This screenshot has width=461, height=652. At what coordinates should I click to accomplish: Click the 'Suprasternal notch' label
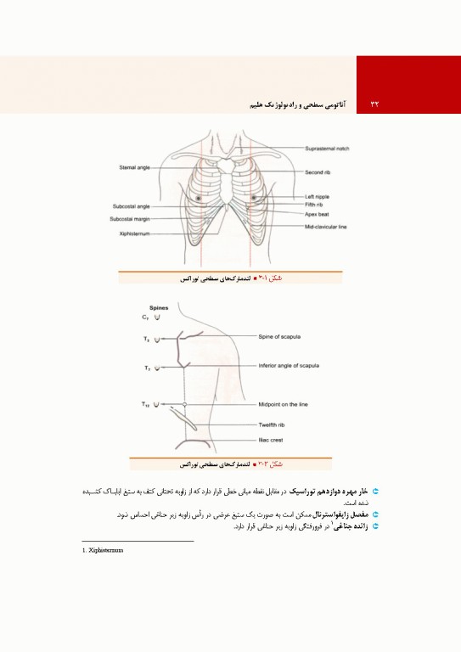[327, 149]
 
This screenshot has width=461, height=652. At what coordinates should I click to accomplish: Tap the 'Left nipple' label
[318, 197]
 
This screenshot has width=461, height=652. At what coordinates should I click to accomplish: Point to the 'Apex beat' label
[318, 214]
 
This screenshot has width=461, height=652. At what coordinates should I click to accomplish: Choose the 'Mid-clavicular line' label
[326, 227]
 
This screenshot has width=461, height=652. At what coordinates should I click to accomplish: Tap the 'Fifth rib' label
[315, 205]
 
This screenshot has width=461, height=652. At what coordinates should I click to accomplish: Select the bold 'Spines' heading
[159, 307]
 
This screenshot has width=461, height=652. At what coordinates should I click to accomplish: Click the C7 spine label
[146, 317]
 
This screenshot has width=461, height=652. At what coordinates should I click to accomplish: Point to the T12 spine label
[147, 404]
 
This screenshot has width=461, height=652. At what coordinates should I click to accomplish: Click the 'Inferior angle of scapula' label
[289, 366]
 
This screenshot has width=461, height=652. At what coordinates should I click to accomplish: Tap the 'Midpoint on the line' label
[285, 404]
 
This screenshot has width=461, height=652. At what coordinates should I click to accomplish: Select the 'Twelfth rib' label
[275, 424]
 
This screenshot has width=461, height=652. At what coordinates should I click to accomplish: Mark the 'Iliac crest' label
[271, 440]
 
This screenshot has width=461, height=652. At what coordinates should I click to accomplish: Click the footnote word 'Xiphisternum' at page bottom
[106, 550]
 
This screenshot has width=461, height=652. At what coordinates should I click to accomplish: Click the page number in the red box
[374, 104]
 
